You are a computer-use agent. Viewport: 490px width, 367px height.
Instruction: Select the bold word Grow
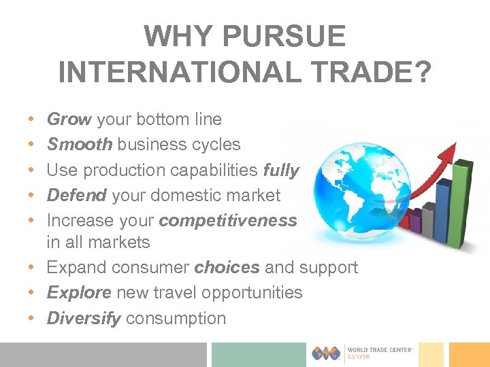pyautogui.click(x=69, y=120)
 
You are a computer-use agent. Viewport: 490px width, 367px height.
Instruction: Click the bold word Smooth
pyautogui.click(x=80, y=145)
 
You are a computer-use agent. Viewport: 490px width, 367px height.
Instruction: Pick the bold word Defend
pyautogui.click(x=76, y=196)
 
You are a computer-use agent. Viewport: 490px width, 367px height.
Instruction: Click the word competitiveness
pyautogui.click(x=228, y=221)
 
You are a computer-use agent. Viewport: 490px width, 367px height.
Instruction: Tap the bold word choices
pyautogui.click(x=227, y=267)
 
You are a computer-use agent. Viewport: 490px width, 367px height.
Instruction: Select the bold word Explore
pyautogui.click(x=79, y=293)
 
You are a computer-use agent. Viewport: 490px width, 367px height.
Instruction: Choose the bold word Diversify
pyautogui.click(x=83, y=318)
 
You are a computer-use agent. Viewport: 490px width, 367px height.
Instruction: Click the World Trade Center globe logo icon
pyautogui.click(x=327, y=353)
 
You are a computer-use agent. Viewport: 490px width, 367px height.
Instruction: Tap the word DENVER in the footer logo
pyautogui.click(x=359, y=357)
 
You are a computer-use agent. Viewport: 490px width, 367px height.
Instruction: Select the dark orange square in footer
pyautogui.click(x=469, y=354)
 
